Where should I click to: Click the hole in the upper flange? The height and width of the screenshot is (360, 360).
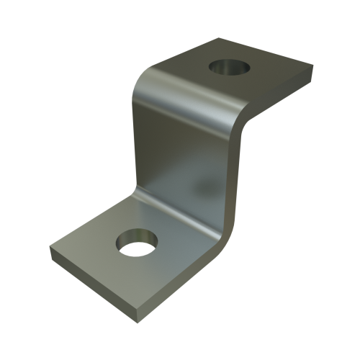[228, 68]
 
